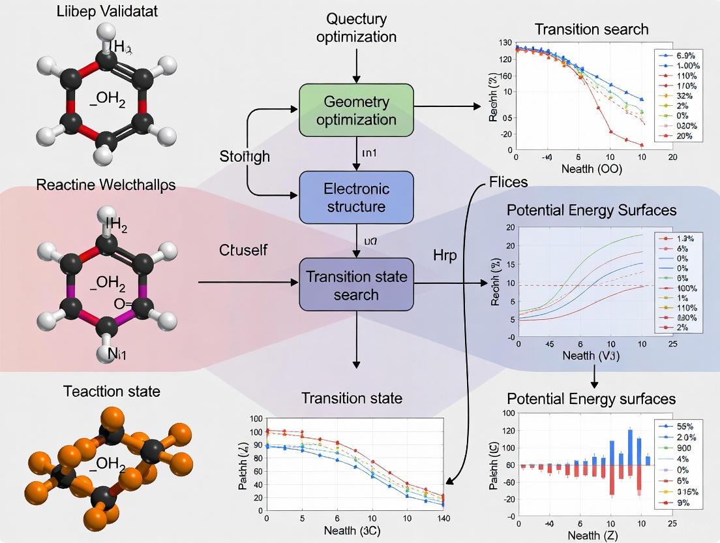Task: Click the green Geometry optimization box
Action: click(356, 110)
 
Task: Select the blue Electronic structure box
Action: click(356, 197)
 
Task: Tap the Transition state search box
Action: click(356, 285)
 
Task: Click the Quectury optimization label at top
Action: click(356, 27)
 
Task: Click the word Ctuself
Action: click(243, 250)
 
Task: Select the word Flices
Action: click(508, 181)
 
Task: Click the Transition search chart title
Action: click(591, 29)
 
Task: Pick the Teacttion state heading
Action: click(112, 391)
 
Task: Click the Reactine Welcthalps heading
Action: click(106, 185)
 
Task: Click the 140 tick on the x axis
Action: click(443, 518)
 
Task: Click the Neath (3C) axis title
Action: click(355, 531)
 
